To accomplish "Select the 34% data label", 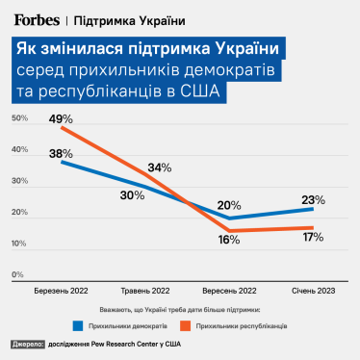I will click(159, 167).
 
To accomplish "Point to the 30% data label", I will click(133, 195).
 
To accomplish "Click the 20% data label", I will click(228, 205).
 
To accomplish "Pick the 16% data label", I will click(228, 240).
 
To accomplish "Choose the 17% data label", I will click(313, 236).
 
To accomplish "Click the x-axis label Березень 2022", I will click(61, 290).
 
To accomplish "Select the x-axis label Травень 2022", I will click(145, 290).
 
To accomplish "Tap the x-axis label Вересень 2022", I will click(229, 290).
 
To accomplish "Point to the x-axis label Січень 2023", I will click(313, 290).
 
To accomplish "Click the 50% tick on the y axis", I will click(18, 118).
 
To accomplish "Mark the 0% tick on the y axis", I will click(17, 274).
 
